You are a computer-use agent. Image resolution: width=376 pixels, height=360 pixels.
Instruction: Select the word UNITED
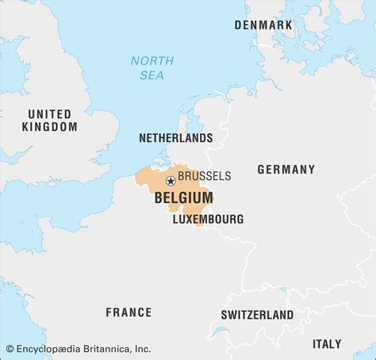(x=50, y=113)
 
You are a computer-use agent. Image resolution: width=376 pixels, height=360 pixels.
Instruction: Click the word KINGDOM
(x=50, y=127)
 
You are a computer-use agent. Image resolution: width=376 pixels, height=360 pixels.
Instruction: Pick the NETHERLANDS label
(x=175, y=137)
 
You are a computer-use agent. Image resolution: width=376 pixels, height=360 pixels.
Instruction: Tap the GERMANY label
(x=286, y=170)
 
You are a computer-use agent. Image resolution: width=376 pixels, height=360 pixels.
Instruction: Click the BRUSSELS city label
(x=205, y=176)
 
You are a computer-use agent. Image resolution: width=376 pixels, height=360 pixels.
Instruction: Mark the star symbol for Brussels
(x=171, y=182)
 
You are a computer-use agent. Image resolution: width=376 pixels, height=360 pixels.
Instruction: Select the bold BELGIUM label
(x=183, y=197)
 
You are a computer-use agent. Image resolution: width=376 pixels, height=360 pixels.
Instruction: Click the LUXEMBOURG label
(x=208, y=219)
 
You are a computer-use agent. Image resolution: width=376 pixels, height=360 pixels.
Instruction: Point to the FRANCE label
(x=129, y=312)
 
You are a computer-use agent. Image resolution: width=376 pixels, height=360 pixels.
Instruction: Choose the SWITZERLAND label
(x=257, y=315)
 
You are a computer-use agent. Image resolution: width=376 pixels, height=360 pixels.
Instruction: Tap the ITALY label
(x=326, y=344)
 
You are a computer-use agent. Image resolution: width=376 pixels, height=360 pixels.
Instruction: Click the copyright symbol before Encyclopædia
(x=10, y=348)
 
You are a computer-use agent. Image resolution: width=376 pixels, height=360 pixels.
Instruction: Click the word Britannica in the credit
(x=103, y=348)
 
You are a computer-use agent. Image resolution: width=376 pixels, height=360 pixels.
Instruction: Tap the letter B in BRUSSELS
(x=182, y=176)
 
